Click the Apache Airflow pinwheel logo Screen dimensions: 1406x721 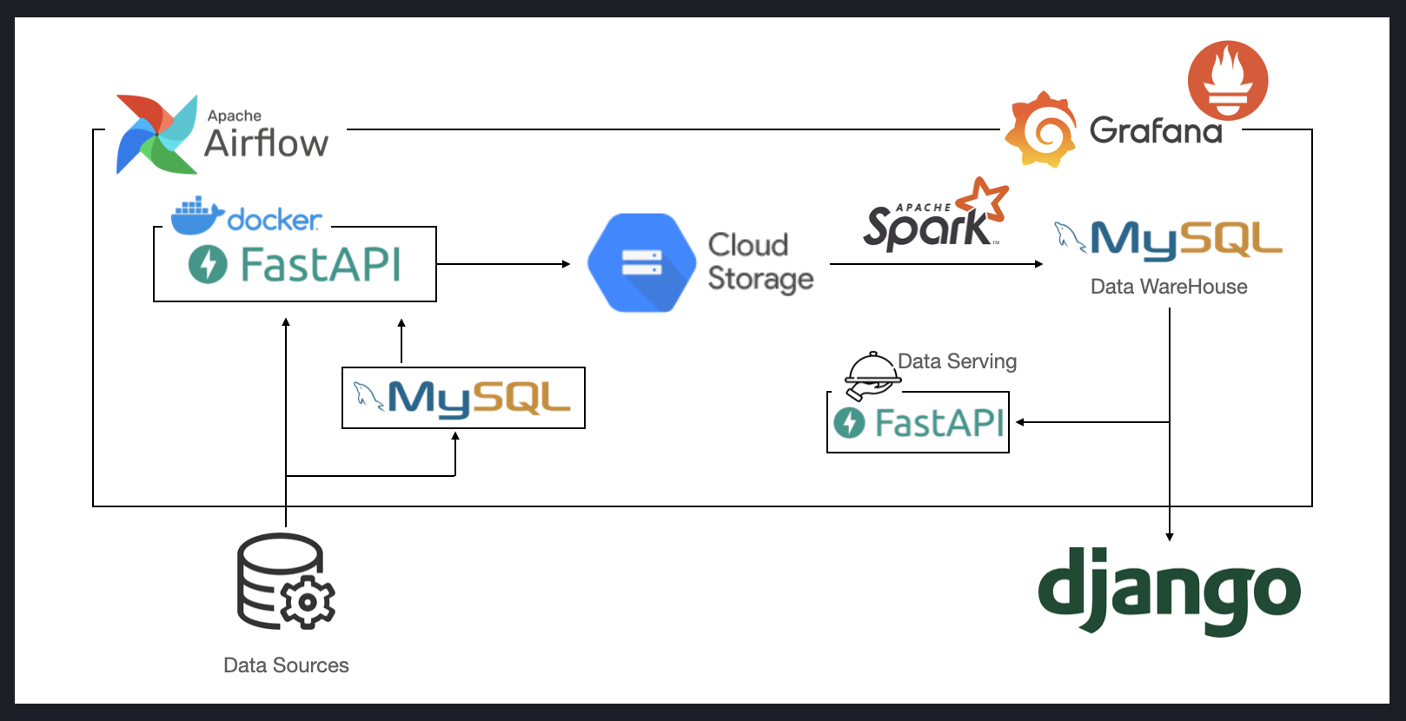click(157, 135)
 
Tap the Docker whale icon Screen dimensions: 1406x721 click(197, 215)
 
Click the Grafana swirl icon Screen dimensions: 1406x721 click(1041, 129)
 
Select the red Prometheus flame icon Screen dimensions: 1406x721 click(1228, 80)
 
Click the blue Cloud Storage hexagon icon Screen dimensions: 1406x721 click(641, 262)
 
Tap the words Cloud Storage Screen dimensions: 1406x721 click(760, 261)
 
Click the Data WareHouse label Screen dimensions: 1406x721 click(1169, 287)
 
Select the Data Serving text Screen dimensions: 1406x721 click(958, 361)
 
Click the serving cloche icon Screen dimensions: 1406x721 click(872, 375)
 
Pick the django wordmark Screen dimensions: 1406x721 click(1169, 591)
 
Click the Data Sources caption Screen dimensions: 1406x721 click(286, 665)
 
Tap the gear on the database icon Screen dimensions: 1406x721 click(308, 602)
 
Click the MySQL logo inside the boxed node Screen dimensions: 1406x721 click(462, 399)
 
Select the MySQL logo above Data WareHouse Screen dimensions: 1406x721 click(1168, 241)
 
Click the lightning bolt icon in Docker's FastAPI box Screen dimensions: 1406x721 click(208, 264)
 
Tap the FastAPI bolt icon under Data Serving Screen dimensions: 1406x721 click(849, 422)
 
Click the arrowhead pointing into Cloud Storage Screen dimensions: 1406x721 click(567, 264)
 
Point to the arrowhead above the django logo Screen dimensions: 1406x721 click(1170, 537)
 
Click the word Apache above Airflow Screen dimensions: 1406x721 click(234, 116)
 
